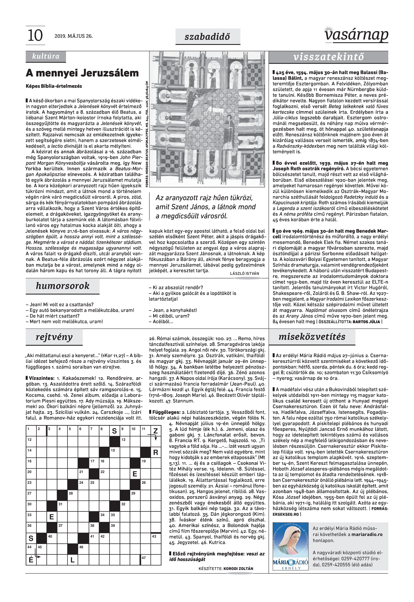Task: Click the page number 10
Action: click(35, 36)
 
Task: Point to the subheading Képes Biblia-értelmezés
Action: click(54, 86)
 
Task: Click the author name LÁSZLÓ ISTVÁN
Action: click(244, 274)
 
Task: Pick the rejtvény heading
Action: click(54, 337)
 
